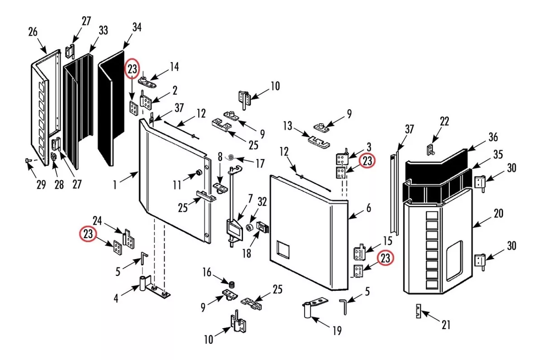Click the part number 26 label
pos(33,32)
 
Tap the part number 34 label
pos(137,27)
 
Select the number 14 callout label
pos(174,67)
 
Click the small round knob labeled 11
pos(199,173)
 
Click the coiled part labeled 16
pos(232,284)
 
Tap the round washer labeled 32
pos(249,227)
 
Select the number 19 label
pos(338,331)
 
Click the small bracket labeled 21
pos(419,311)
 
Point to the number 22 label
pos(444,121)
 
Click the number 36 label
pos(493,137)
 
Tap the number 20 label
pos(498,213)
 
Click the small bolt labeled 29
pos(28,160)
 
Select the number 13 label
pos(287,126)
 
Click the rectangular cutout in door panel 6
pos(283,250)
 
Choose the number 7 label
pos(250,198)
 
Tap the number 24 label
pos(97,221)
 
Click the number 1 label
pos(115,186)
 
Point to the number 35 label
pos(498,154)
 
